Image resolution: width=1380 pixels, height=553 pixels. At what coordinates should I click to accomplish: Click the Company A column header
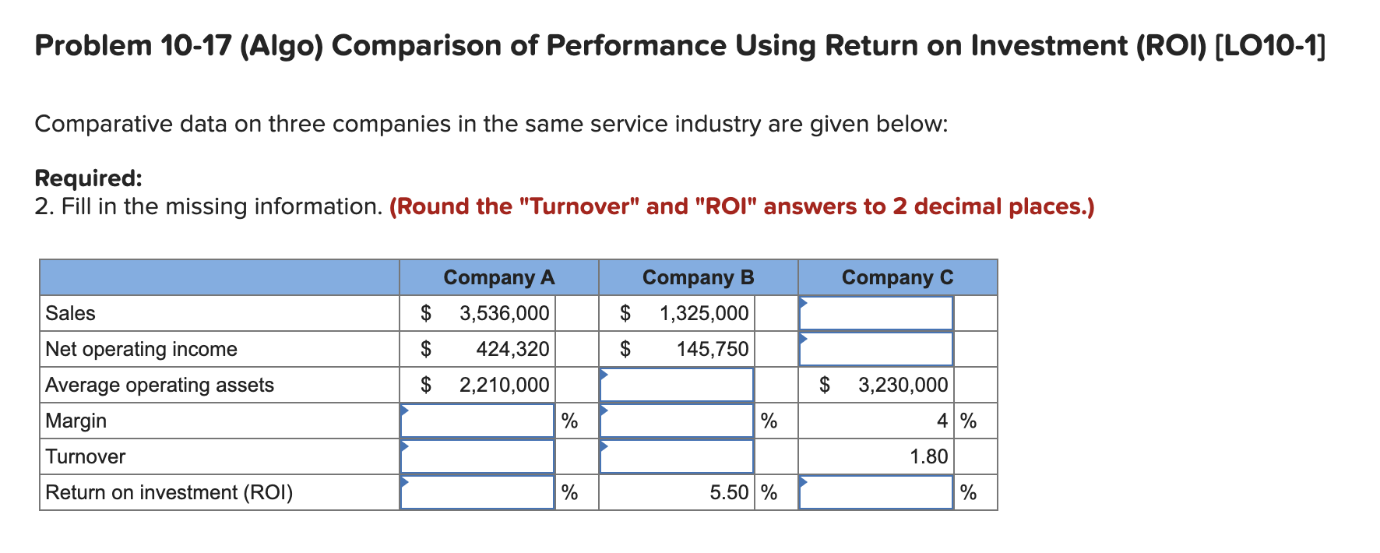[x=498, y=277]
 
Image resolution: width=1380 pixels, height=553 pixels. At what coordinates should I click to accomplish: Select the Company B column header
[x=698, y=277]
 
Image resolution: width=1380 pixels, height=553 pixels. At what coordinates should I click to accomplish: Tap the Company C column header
[x=897, y=277]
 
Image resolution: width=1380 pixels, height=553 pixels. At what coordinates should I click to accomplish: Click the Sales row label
[x=70, y=313]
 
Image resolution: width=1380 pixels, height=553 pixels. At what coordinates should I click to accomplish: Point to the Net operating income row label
[x=141, y=349]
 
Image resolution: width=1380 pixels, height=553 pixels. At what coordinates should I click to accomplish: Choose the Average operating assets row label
[x=160, y=385]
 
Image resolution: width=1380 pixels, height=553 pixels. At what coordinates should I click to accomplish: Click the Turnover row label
[x=85, y=456]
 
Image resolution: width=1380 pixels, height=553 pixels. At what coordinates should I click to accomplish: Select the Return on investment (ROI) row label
[x=169, y=492]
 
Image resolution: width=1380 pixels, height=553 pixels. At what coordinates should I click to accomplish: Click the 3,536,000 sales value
[x=505, y=313]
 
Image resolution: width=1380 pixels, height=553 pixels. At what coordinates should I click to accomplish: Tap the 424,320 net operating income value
[x=512, y=349]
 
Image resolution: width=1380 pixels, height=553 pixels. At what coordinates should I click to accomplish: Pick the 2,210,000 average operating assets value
[x=505, y=385]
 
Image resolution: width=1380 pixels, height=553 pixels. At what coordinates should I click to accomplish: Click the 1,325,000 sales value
[x=704, y=313]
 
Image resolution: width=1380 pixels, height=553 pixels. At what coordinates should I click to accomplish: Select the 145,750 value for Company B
[x=713, y=349]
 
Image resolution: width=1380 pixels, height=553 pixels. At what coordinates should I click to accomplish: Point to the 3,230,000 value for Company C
[x=903, y=385]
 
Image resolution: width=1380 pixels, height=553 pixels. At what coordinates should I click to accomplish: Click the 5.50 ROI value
[x=729, y=492]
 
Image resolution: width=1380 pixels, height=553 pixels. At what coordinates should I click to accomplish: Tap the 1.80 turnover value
[x=929, y=456]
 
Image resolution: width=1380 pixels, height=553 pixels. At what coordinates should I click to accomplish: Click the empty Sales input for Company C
[x=876, y=313]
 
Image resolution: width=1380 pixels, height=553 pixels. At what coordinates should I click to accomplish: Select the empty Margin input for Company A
[x=477, y=421]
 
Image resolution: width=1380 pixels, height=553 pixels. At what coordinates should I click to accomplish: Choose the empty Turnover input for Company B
[x=677, y=456]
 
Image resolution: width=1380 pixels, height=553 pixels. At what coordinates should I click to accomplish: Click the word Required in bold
[x=88, y=178]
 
